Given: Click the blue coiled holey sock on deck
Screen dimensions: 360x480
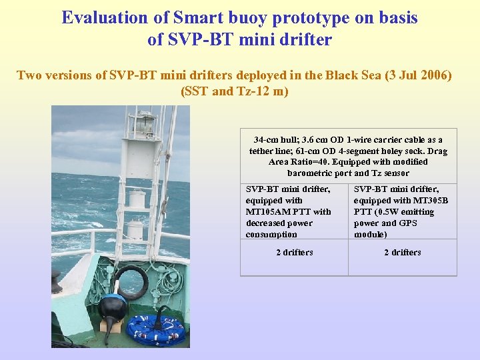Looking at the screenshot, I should tap(156, 329).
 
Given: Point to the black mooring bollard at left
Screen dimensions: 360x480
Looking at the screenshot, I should tap(57, 283).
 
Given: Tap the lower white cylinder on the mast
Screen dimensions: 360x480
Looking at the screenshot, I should tap(136, 230).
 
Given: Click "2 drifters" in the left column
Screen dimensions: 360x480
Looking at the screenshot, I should tap(294, 253).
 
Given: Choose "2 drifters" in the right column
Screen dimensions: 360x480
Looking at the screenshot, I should tap(402, 253).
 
